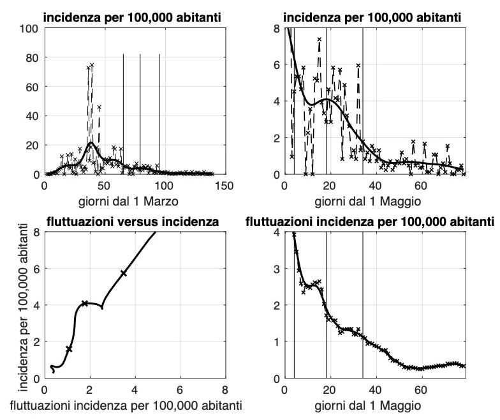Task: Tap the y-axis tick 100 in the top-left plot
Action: (x=30, y=28)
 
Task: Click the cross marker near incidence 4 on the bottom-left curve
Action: (x=85, y=303)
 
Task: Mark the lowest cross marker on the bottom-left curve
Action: (x=69, y=349)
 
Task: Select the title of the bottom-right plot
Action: (x=370, y=222)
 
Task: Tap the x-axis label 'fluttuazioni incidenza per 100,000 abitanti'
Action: (x=134, y=405)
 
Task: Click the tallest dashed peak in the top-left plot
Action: (x=92, y=65)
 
